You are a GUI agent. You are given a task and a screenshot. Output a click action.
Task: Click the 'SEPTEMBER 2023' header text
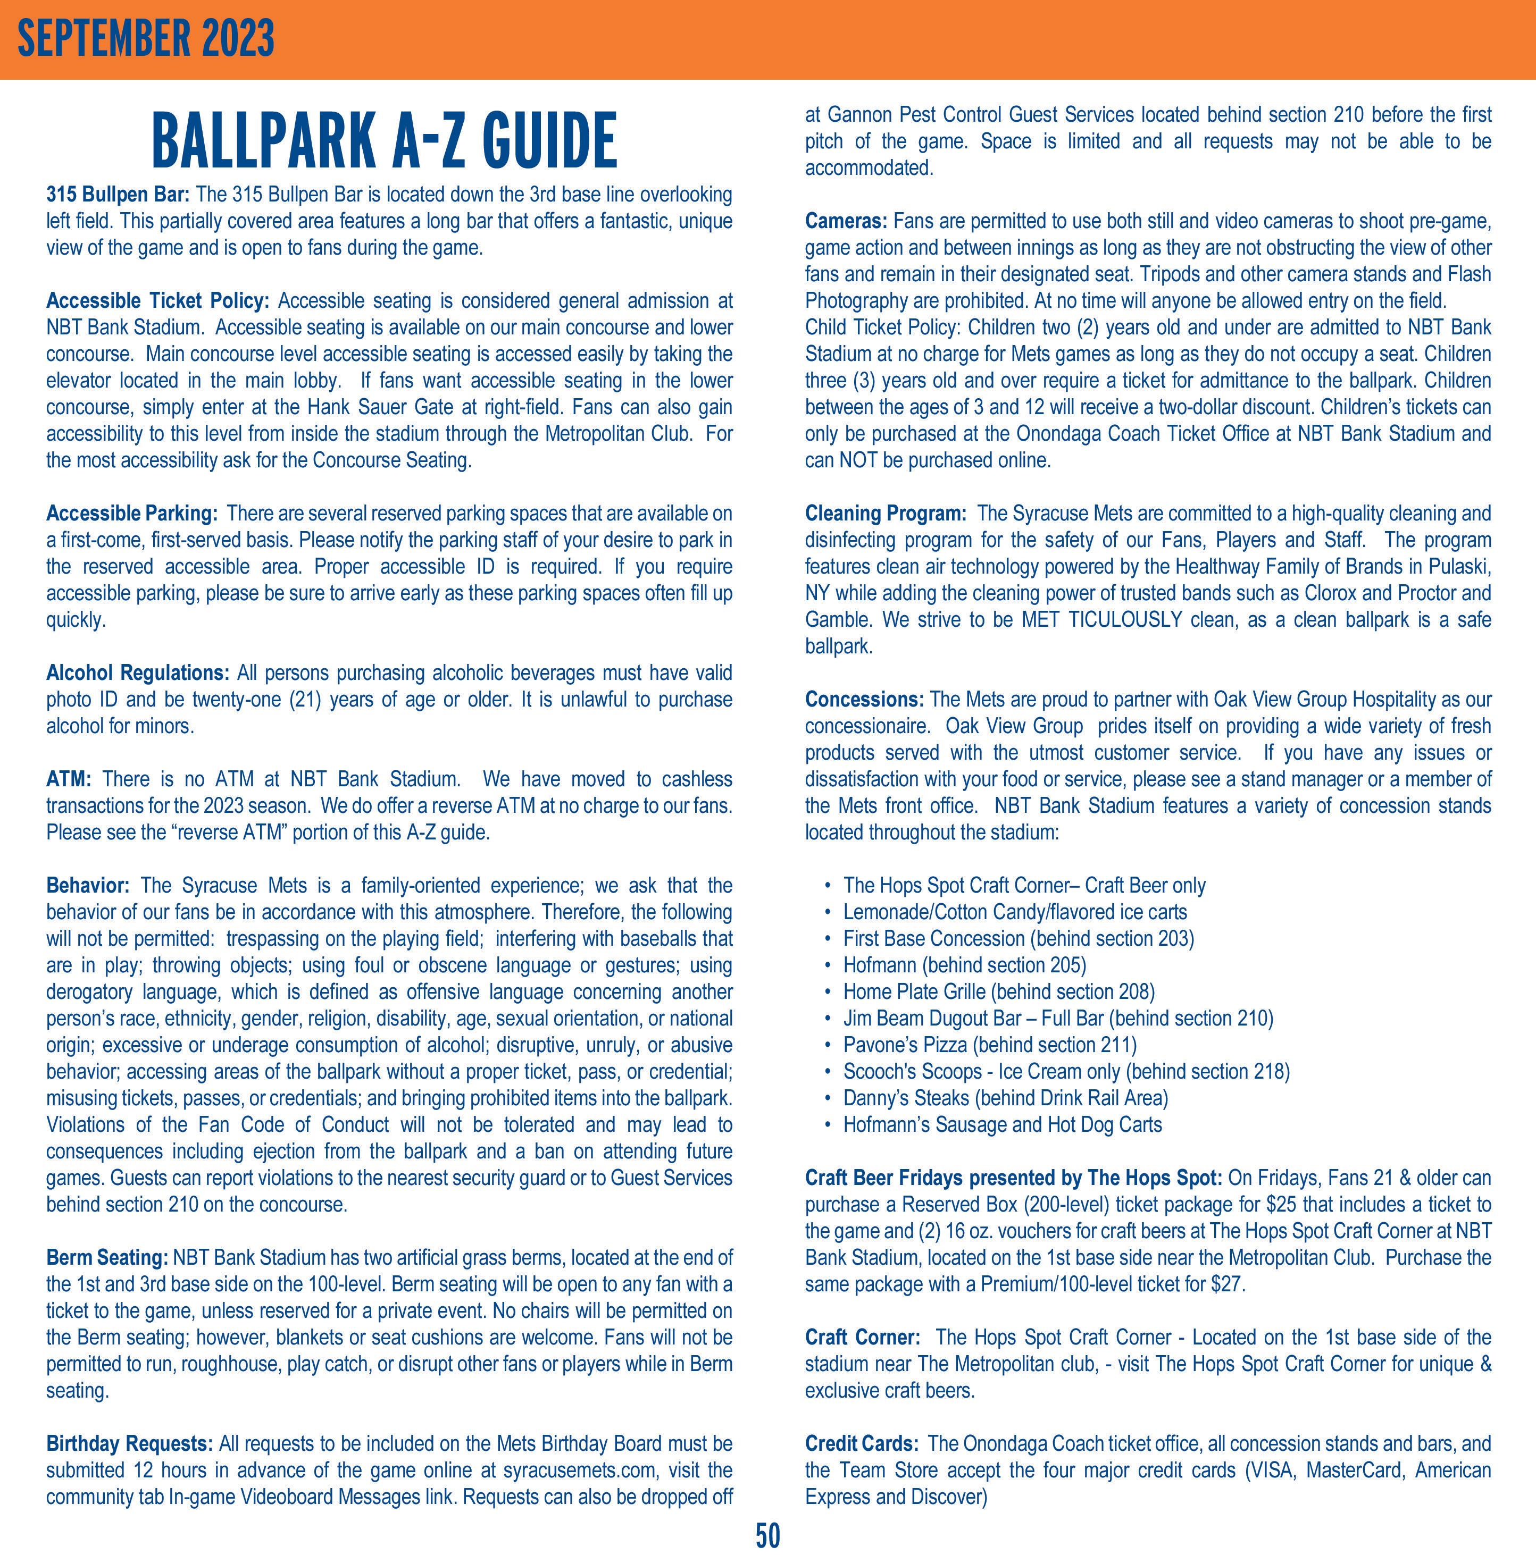(x=146, y=39)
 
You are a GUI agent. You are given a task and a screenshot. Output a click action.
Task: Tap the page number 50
(x=767, y=1536)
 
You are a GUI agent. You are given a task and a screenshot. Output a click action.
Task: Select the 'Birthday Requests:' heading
(x=129, y=1443)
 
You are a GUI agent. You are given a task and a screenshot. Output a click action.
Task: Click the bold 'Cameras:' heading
(x=845, y=221)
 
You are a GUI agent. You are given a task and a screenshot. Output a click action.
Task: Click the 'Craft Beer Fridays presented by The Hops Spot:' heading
(x=1013, y=1178)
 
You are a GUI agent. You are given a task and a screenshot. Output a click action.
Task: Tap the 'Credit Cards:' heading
(x=862, y=1443)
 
